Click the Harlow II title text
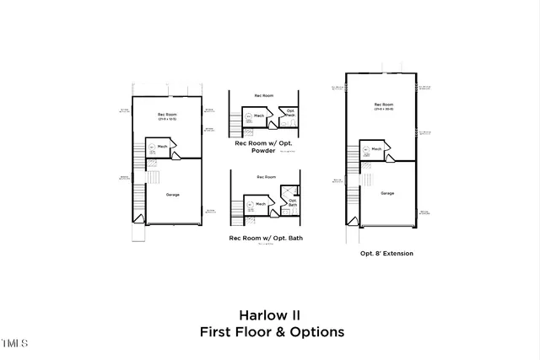tap(272, 314)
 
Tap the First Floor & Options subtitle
tap(272, 332)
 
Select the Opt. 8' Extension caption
tap(386, 253)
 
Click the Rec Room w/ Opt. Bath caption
tap(265, 239)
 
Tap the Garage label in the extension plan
tap(387, 193)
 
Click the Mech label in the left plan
tap(173, 146)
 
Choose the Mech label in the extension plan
tap(377, 148)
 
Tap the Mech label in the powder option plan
tap(262, 116)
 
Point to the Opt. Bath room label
tap(292, 202)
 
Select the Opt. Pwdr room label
tap(289, 114)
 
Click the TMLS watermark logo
tap(14, 343)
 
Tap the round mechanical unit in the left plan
tap(153, 147)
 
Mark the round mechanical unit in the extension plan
tap(364, 150)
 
